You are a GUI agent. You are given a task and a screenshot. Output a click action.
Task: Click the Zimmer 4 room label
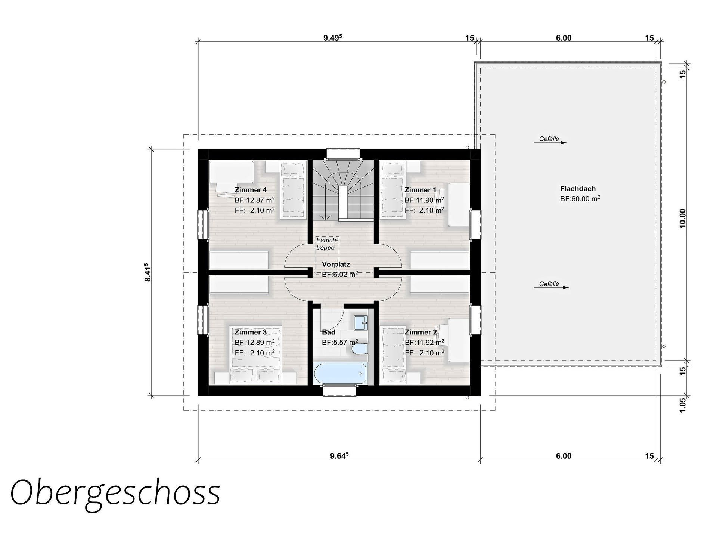click(251, 190)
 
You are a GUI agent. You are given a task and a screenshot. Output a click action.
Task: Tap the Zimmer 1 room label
click(420, 190)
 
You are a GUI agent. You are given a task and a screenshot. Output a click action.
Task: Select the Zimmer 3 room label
click(251, 332)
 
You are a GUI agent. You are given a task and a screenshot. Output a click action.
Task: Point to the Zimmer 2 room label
click(420, 332)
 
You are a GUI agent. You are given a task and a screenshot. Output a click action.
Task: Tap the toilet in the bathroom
click(360, 349)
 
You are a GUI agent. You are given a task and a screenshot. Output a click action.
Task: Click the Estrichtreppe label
click(327, 244)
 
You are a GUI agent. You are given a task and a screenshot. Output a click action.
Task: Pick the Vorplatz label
click(336, 265)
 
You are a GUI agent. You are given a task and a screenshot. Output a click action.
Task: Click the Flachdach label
click(578, 189)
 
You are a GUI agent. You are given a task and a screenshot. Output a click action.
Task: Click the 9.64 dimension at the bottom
click(339, 455)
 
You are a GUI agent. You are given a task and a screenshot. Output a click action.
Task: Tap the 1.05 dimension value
click(683, 405)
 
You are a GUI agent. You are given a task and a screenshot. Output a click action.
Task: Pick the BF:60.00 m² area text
click(580, 199)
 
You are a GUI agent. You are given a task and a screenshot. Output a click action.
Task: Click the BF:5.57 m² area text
click(340, 342)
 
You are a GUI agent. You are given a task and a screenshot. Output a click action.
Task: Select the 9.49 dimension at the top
click(332, 38)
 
